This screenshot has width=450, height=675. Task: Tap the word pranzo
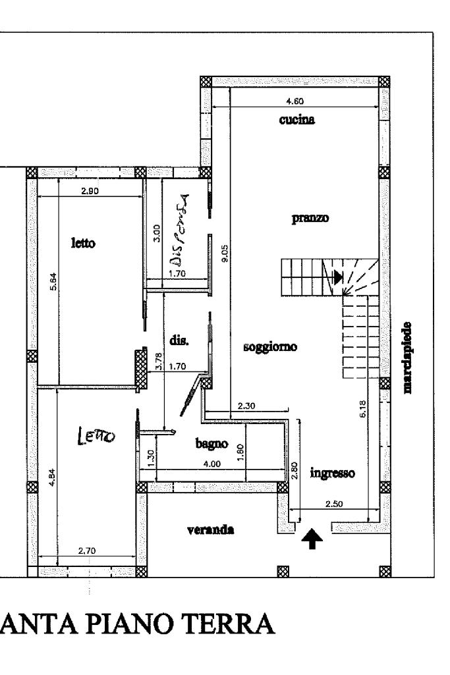click(309, 217)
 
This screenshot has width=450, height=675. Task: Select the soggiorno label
click(271, 346)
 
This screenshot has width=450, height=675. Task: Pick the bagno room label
click(211, 445)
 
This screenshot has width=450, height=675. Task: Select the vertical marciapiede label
click(409, 358)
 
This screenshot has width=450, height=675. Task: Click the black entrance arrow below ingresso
click(313, 539)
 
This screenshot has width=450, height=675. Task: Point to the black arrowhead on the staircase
click(338, 277)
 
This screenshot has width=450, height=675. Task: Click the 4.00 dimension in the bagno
click(211, 464)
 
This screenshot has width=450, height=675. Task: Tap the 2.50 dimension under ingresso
click(335, 503)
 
